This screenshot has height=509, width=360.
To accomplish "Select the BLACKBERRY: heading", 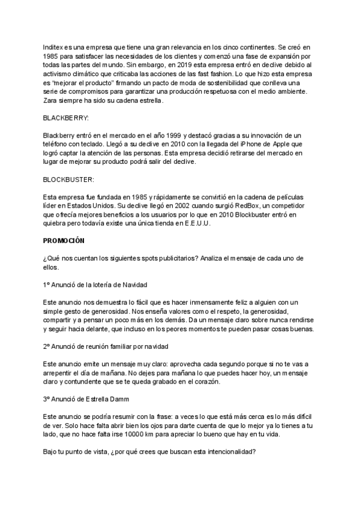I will point(66,118).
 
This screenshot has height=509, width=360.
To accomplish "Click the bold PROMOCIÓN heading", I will point(64,241).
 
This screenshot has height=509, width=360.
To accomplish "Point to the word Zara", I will point(51,100).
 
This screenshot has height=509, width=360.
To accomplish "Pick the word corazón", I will point(206,382).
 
